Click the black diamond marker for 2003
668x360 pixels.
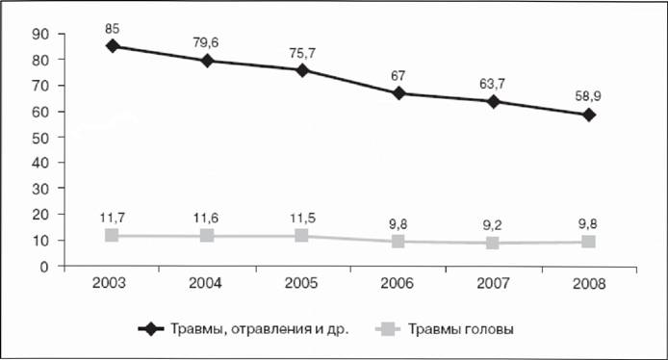point(112,46)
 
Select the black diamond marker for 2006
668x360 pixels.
point(398,92)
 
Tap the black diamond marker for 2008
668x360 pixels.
point(589,116)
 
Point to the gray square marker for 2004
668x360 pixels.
point(207,236)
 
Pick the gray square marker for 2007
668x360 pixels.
point(493,243)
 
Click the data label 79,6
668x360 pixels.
point(206,42)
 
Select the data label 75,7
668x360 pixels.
point(301,53)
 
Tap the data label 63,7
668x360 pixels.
point(492,84)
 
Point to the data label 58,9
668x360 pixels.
point(588,96)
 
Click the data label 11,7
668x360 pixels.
point(113,219)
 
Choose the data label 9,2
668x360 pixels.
point(492,225)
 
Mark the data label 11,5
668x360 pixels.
point(302,219)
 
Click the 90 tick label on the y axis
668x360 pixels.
point(40,34)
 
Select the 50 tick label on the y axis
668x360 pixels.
point(40,138)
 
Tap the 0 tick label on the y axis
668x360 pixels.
point(44,268)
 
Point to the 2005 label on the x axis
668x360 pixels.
point(301,283)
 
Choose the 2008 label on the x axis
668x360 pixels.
point(589,284)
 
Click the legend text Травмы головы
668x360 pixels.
point(461,329)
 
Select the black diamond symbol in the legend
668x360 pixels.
point(151,329)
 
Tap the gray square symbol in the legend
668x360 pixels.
point(388,329)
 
